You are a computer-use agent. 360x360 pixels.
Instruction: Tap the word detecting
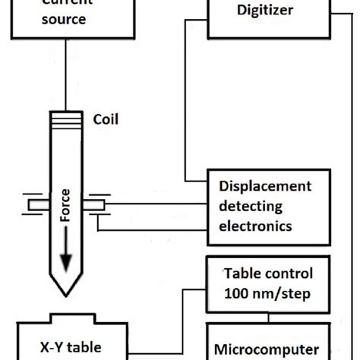[x=249, y=207]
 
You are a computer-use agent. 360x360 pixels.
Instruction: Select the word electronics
[x=255, y=226]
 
